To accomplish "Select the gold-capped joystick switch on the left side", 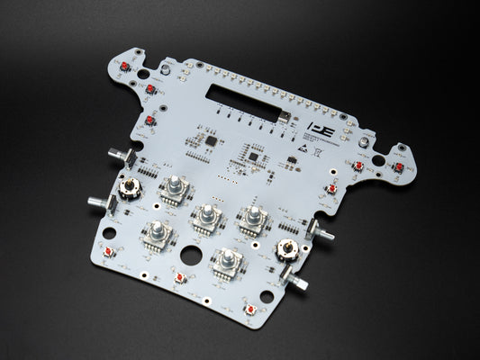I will pos(131,188).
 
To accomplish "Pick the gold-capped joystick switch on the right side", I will pos(287,249).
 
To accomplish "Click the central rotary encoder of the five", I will pos(208,216).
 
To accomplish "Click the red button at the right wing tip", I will pos(399,167).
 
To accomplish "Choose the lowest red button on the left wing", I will pos(148,121).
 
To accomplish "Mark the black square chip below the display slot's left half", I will pos(211,141).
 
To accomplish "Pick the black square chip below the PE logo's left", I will pos(255,158).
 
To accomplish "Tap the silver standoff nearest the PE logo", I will pos(362,142).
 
